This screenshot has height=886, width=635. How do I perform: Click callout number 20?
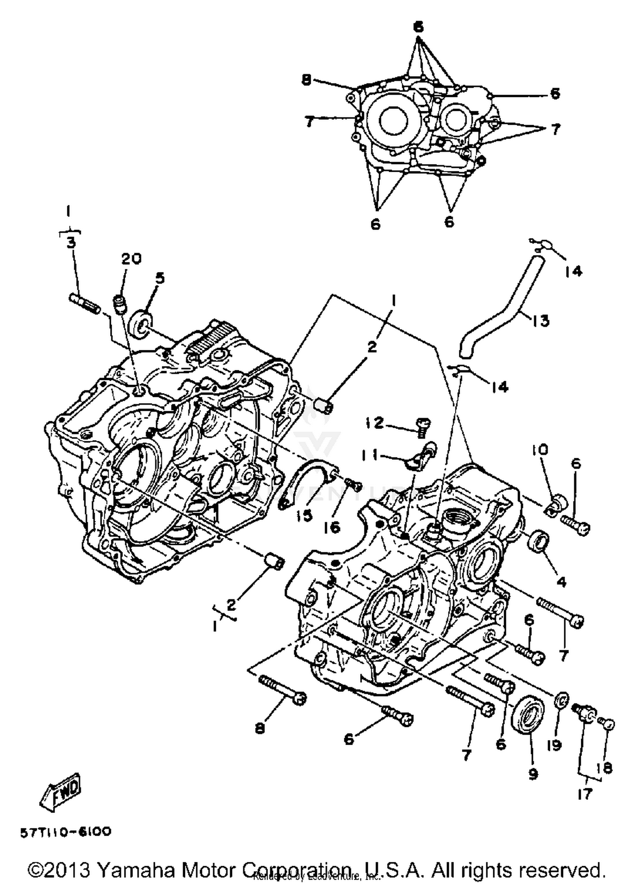coord(132,259)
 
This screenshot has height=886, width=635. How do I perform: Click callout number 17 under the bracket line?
coord(584,794)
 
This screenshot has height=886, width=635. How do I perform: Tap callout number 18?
coord(607,767)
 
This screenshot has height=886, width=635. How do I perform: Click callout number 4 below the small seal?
coord(561,583)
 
